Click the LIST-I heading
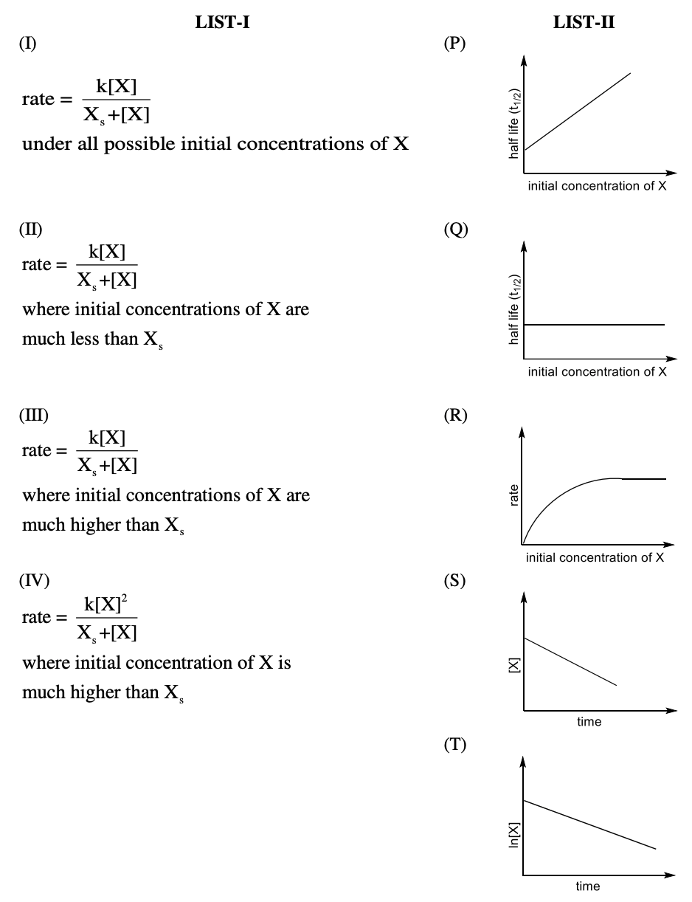222,23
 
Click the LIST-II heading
584,23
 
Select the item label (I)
28,44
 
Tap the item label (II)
31,230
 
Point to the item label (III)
33,416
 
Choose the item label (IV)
34,581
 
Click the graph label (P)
454,44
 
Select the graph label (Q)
455,230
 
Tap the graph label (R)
454,416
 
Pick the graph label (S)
454,581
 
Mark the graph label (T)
454,746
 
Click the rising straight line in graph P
578,111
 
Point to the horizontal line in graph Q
594,325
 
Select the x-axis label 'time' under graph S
589,721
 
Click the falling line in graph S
570,661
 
